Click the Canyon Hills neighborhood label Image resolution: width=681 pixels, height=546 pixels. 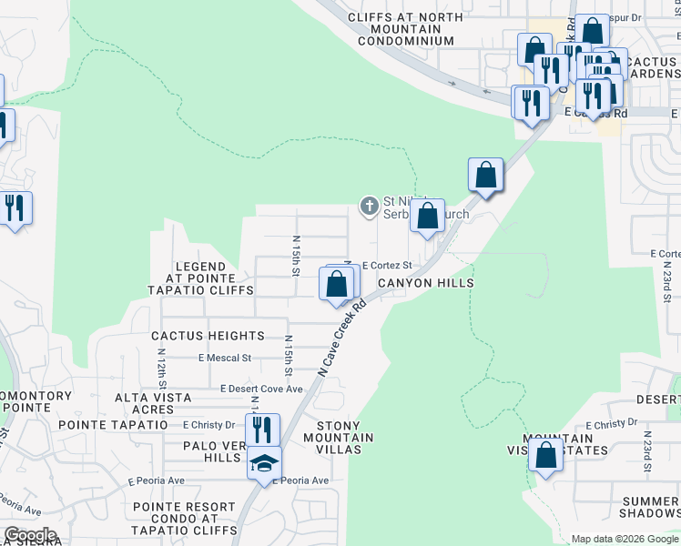pyautogui.click(x=426, y=283)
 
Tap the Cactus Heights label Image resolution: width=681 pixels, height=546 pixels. pyautogui.click(x=208, y=336)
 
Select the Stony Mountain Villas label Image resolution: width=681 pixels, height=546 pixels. pyautogui.click(x=344, y=438)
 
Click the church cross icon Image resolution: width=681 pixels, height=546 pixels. pyautogui.click(x=370, y=206)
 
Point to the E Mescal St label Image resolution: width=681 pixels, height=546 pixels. pyautogui.click(x=224, y=359)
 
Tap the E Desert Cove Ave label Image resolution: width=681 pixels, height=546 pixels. pyautogui.click(x=262, y=389)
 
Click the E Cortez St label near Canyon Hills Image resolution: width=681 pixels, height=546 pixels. pyautogui.click(x=388, y=266)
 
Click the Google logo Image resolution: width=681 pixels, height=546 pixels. pyautogui.click(x=30, y=535)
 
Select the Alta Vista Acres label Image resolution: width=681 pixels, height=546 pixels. pyautogui.click(x=153, y=403)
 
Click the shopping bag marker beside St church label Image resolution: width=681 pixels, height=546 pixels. pyautogui.click(x=427, y=217)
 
